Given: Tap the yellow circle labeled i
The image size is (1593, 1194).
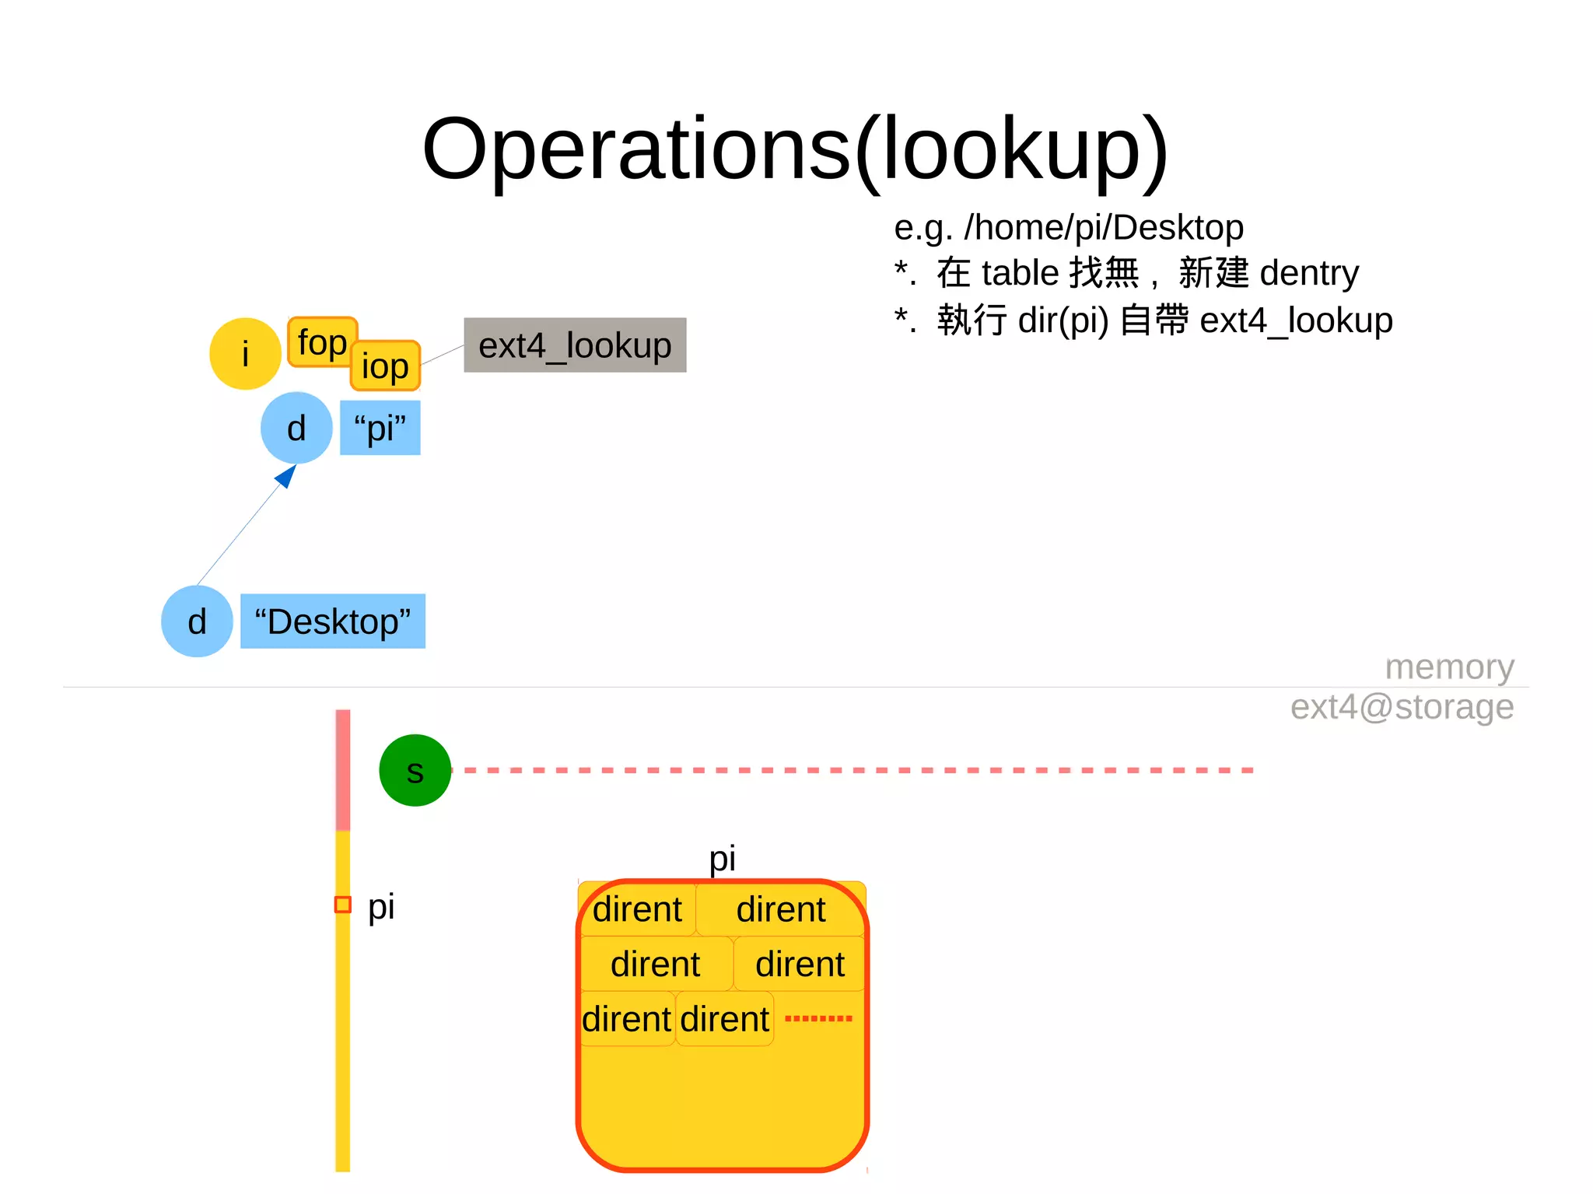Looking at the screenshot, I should [245, 354].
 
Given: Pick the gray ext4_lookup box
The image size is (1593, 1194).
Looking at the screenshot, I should [575, 345].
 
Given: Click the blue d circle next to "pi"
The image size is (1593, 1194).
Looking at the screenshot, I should [296, 428].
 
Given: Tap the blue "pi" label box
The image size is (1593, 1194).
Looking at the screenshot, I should [380, 428].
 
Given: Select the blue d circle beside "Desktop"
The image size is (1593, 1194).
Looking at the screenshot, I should [197, 622].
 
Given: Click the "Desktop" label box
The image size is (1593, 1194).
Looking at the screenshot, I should [332, 622].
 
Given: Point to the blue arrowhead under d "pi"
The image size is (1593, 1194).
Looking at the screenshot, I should [287, 475].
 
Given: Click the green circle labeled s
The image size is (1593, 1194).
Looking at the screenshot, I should [415, 770].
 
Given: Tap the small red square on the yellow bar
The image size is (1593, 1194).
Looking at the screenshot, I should [342, 905].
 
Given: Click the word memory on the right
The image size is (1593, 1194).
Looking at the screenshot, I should [1449, 667].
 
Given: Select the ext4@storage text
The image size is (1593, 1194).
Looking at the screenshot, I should [1402, 707].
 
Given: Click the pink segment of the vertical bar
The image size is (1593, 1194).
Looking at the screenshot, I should [342, 770].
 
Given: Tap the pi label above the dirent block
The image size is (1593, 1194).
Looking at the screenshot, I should [722, 859].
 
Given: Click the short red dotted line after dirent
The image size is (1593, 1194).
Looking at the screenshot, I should [818, 1018].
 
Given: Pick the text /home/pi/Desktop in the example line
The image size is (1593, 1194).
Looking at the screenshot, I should [1103, 228].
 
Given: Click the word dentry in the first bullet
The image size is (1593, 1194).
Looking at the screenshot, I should [1309, 274].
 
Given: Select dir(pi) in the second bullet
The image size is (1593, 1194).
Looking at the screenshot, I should [1063, 320].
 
